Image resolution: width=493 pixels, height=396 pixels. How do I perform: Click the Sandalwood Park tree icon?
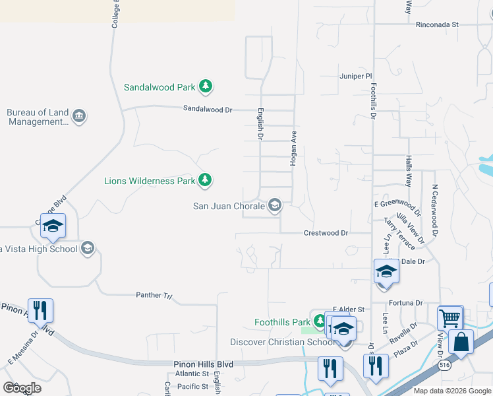206,86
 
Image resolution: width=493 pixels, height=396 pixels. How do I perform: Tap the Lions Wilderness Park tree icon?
205,180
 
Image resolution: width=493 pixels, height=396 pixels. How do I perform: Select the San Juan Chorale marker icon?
275,206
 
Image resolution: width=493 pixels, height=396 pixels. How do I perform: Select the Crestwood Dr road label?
326,233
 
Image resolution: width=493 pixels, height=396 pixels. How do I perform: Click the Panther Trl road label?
154,295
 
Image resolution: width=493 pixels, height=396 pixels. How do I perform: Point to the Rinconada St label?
437,24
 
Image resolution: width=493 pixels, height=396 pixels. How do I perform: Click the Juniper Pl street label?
356,77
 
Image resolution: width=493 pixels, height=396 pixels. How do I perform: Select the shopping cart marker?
450,318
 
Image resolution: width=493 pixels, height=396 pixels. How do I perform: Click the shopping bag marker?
461,343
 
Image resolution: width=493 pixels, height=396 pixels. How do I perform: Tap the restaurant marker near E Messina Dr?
40,310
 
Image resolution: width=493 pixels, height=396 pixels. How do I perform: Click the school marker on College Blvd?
53,226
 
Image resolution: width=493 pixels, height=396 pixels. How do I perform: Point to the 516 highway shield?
440,365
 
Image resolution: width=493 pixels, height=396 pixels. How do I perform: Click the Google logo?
22,388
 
